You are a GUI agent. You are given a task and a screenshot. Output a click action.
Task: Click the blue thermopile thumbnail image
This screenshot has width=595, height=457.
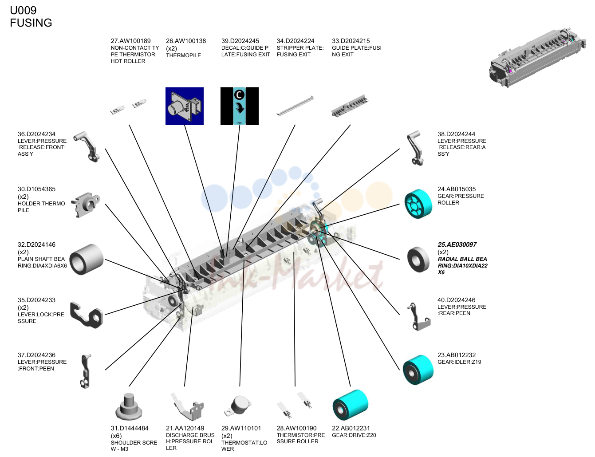tap(184, 106)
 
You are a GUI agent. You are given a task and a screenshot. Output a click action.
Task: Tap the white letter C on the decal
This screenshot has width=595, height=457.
tap(239, 95)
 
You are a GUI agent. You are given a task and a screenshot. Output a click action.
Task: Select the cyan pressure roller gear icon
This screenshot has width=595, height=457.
tap(418, 204)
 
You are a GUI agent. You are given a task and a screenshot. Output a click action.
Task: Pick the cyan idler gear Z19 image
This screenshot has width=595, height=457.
tap(418, 370)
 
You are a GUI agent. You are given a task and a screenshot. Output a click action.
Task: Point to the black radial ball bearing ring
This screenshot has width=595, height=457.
tap(418, 259)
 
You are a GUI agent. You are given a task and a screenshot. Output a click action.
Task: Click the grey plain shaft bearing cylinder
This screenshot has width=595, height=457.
tap(86, 259)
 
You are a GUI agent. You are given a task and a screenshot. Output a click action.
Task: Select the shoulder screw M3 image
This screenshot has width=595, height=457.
tap(129, 406)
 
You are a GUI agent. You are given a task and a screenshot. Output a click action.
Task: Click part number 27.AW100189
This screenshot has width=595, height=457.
tap(130, 41)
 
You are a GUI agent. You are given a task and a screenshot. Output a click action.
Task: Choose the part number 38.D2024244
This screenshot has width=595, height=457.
tap(456, 134)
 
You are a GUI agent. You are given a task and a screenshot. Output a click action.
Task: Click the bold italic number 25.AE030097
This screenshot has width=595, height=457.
tap(457, 244)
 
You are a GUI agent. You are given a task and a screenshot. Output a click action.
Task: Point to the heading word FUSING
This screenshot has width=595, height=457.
tap(31, 23)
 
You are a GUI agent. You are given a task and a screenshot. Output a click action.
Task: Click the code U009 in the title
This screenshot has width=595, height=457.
tap(23, 10)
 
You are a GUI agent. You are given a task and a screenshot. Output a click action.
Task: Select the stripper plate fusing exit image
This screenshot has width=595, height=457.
tap(295, 106)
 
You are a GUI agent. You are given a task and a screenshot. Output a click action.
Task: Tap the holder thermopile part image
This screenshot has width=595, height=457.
tap(85, 205)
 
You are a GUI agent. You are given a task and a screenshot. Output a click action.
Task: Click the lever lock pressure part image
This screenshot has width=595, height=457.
tap(87, 315)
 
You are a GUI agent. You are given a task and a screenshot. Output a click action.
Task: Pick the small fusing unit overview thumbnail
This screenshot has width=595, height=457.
tap(537, 58)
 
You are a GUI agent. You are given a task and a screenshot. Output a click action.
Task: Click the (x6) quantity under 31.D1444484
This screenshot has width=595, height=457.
tap(116, 436)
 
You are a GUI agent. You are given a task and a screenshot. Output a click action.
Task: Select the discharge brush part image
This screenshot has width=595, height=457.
tap(188, 406)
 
